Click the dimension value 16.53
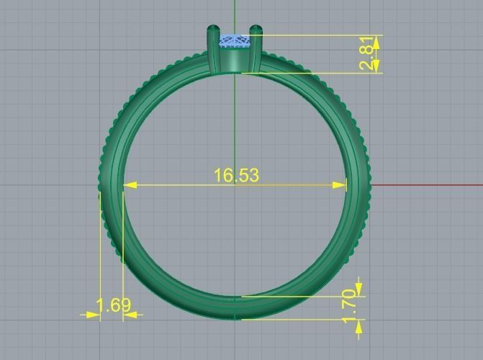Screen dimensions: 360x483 pyautogui.click(x=235, y=175)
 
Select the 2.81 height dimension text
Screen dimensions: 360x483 pyautogui.click(x=367, y=53)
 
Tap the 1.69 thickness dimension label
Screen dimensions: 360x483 pyautogui.click(x=114, y=305)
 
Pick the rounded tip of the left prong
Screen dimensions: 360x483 pyautogui.click(x=213, y=30)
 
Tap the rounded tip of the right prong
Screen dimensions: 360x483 pyautogui.click(x=256, y=30)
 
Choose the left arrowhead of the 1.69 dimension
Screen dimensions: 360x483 pyautogui.click(x=93, y=315)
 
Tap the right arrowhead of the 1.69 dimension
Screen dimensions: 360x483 pyautogui.click(x=130, y=315)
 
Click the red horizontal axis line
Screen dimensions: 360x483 pyautogui.click(x=425, y=185)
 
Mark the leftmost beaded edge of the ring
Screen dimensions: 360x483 pyautogui.click(x=101, y=186)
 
